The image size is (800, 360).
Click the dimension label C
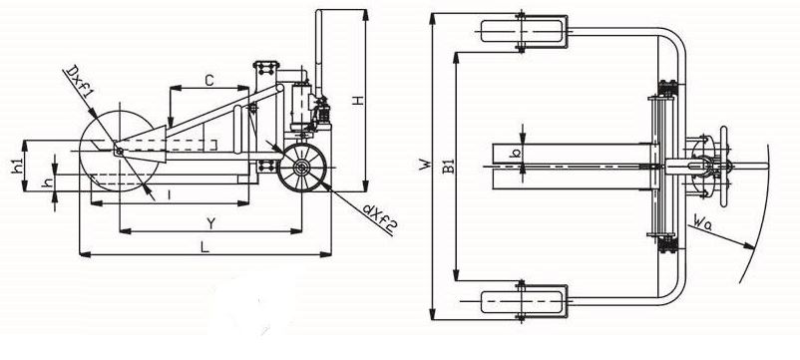tap(208, 78)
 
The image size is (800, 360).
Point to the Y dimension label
tap(208, 221)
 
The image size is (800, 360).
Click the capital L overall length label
tap(204, 245)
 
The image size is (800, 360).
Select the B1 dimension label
tap(451, 167)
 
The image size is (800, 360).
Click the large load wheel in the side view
tap(119, 151)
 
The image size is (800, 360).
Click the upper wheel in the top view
tap(523, 30)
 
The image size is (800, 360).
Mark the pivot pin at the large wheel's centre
tap(119, 151)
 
